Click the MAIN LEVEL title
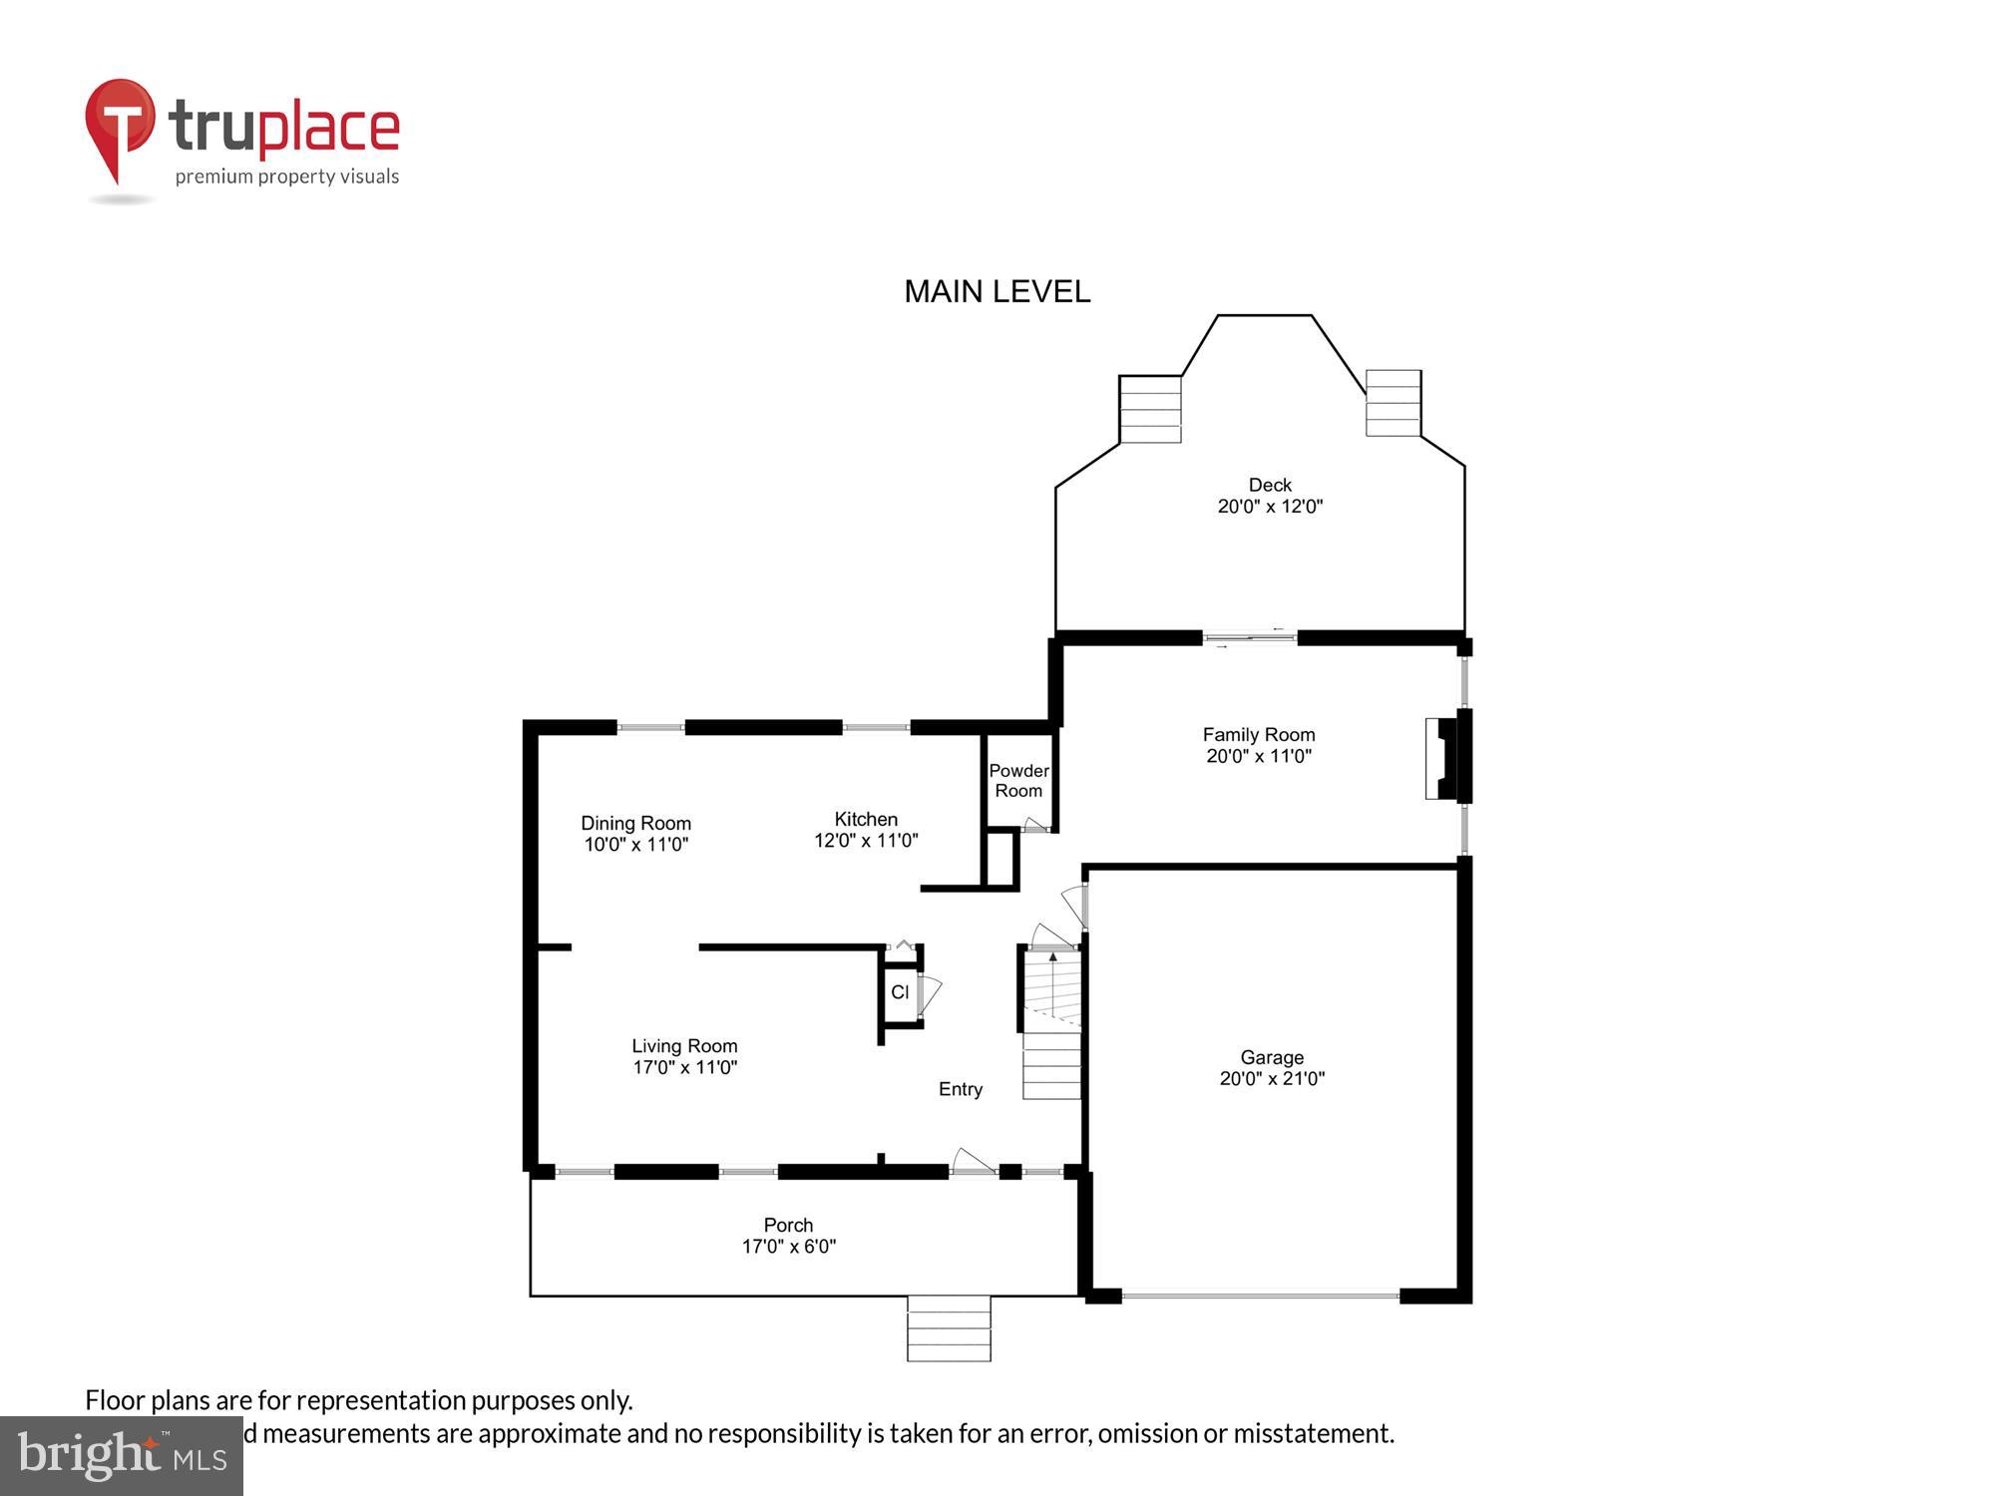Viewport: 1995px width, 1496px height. coord(997,291)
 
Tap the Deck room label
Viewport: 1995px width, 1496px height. coord(1269,485)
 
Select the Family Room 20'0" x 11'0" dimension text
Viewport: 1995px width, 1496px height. coord(1258,756)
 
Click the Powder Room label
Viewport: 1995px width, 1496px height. coord(1018,781)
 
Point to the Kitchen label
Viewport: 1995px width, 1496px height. coord(866,819)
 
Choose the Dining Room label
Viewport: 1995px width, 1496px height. coord(635,823)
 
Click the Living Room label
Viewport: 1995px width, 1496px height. coord(684,1045)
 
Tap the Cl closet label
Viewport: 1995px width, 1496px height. coord(900,992)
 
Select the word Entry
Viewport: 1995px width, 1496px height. coord(960,1089)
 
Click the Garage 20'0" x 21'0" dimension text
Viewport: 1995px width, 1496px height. coord(1272,1078)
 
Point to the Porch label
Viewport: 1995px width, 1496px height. coord(788,1225)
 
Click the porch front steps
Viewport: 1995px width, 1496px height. coord(949,1327)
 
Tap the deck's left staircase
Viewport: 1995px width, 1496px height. coord(1150,410)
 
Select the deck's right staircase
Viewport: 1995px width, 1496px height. coord(1393,403)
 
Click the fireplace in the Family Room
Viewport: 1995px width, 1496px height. coord(1442,758)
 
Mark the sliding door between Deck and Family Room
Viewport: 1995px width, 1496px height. coord(1249,637)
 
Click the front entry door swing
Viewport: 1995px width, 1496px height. coord(973,1161)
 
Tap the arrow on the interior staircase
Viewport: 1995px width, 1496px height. coord(1053,957)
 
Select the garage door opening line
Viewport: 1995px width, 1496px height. coord(1260,1296)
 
